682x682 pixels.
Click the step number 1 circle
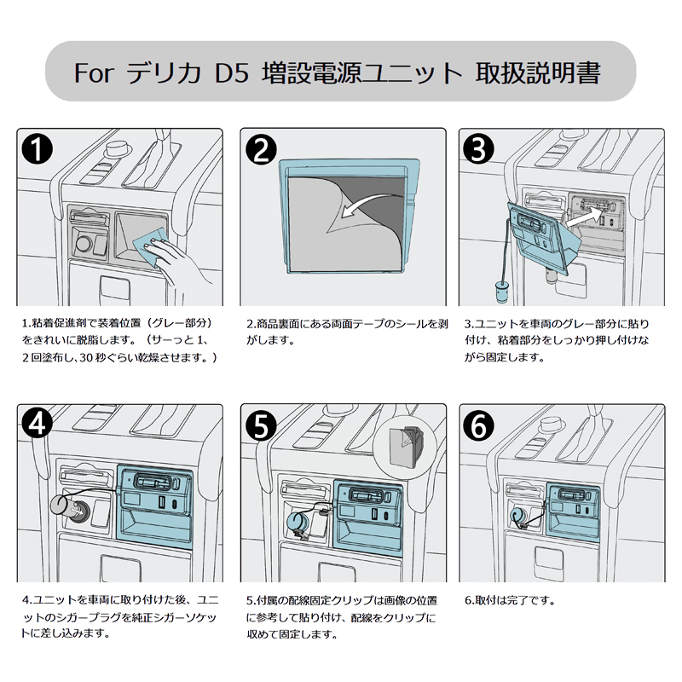[37, 150]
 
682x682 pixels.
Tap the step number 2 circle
[259, 150]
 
